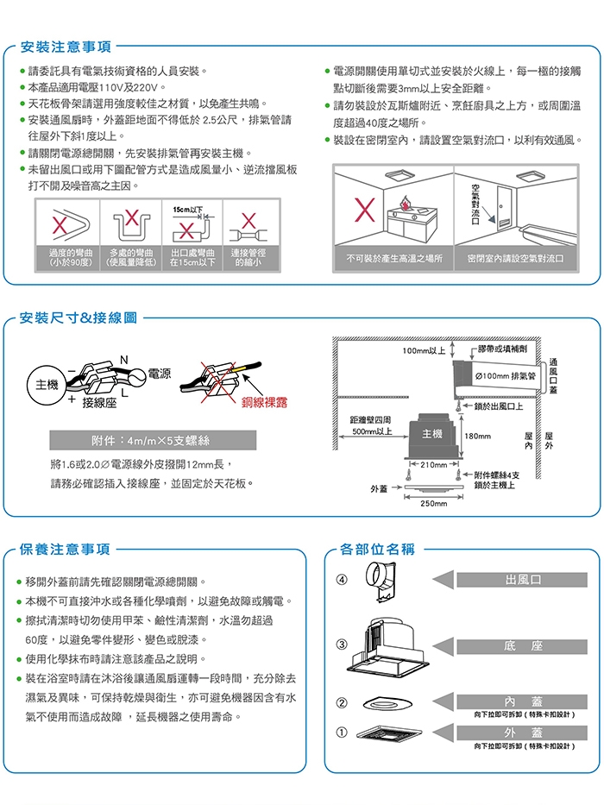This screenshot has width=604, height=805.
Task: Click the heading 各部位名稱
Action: tap(377, 549)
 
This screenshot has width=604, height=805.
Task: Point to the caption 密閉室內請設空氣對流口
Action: tap(515, 258)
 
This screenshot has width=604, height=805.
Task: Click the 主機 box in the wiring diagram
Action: tap(41, 383)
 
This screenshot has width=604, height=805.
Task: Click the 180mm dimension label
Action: tap(477, 437)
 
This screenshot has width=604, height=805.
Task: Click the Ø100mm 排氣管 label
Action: tap(506, 375)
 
